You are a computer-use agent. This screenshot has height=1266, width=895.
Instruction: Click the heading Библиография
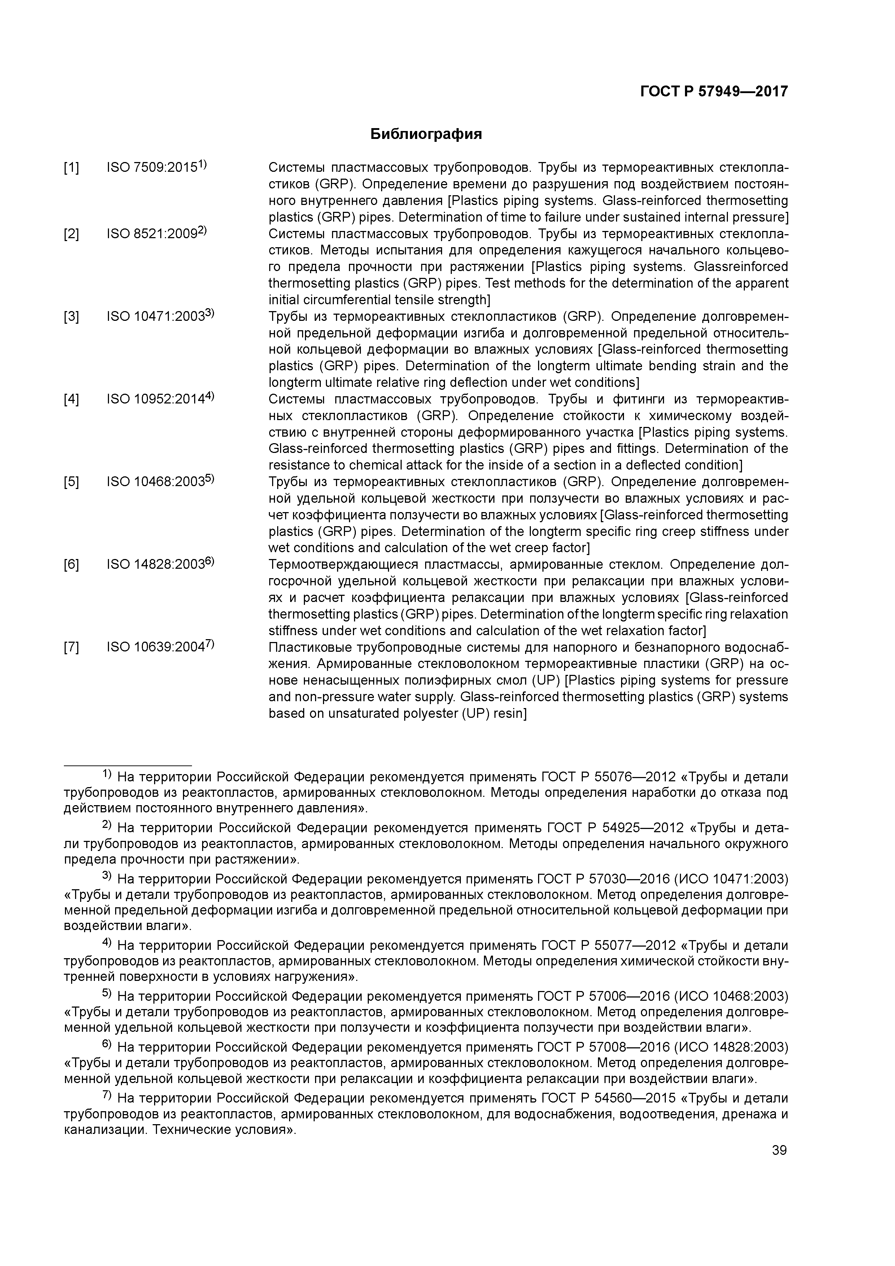(426, 134)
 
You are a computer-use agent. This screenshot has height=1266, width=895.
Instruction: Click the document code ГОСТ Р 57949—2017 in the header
(713, 92)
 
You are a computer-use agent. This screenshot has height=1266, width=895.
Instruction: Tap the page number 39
(779, 1150)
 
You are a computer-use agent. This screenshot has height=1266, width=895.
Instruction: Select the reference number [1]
(71, 167)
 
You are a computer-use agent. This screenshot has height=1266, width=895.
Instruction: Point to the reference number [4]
(71, 399)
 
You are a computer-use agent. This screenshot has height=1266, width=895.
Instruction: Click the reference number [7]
(71, 647)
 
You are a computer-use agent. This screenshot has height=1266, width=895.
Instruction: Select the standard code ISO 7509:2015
(152, 167)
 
